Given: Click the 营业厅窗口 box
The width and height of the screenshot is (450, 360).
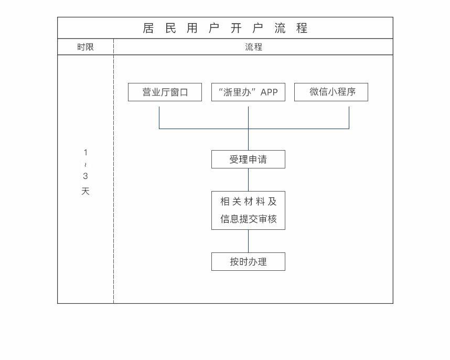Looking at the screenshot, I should click(165, 92).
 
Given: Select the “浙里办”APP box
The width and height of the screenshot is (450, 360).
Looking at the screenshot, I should click(248, 92).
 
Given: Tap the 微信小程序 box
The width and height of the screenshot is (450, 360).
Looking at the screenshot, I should click(331, 92).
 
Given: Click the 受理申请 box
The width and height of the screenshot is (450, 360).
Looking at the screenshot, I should click(248, 160).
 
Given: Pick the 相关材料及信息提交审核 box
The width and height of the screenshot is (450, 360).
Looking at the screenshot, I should click(248, 210).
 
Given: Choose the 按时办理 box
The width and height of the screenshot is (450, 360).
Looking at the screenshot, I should click(248, 261).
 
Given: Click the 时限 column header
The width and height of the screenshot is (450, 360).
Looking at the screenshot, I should click(85, 47).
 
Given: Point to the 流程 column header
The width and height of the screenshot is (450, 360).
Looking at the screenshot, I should click(253, 47).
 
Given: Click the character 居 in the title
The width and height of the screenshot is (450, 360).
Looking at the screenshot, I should click(149, 28).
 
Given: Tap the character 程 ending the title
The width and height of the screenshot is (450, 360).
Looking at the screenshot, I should click(302, 28).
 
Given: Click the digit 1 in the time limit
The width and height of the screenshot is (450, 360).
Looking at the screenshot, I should click(85, 153).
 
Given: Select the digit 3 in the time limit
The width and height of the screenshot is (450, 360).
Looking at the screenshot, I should click(85, 176).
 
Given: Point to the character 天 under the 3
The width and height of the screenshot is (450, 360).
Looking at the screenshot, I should click(85, 192).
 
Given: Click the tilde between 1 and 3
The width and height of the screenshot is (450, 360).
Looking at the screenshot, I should click(85, 165).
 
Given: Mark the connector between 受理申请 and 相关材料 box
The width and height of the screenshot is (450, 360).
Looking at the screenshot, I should click(248, 179).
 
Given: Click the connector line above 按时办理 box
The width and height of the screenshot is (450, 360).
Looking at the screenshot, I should click(248, 241).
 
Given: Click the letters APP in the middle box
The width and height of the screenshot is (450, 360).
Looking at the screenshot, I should click(269, 92).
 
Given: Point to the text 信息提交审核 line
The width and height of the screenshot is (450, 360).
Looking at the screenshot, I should click(248, 219).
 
